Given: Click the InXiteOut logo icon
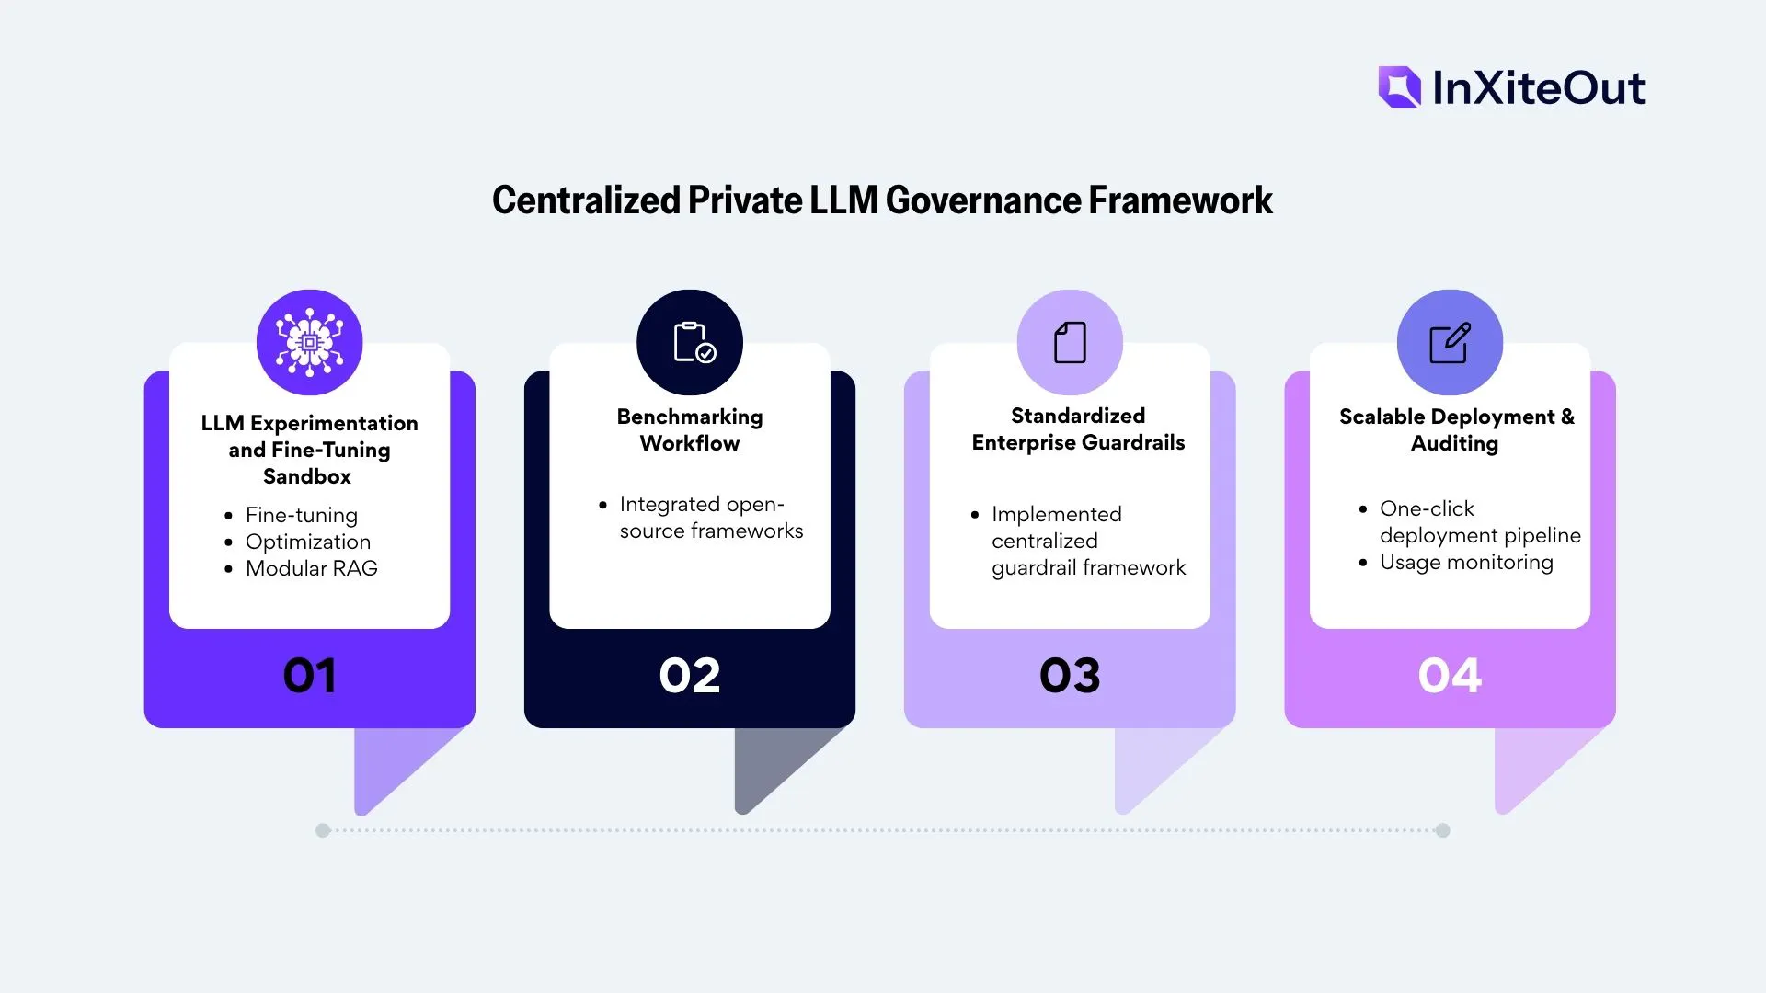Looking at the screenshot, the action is tap(1399, 87).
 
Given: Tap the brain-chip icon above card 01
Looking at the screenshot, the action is tap(310, 343).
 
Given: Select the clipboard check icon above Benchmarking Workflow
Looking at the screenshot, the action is tap(694, 343).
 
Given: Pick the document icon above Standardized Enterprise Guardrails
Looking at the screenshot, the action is tap(1070, 343).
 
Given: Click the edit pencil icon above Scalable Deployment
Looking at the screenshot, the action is tap(1450, 343).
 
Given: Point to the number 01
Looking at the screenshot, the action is tap(310, 676).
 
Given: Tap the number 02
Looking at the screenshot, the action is tap(690, 676).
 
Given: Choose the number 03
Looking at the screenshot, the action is tap(1070, 676).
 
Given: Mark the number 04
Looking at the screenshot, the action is tap(1450, 676).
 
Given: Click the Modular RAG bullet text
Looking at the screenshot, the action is tap(312, 568).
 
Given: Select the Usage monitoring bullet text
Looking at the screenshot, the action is tap(1466, 563).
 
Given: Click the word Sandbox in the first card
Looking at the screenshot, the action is tap(307, 476).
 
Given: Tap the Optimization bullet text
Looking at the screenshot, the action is tap(308, 542).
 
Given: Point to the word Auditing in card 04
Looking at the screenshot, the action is tap(1454, 444).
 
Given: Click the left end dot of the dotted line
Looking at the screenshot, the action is tap(323, 830).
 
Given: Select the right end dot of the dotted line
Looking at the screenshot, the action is tap(1443, 830).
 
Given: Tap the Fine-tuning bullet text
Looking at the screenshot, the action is tap(302, 516).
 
